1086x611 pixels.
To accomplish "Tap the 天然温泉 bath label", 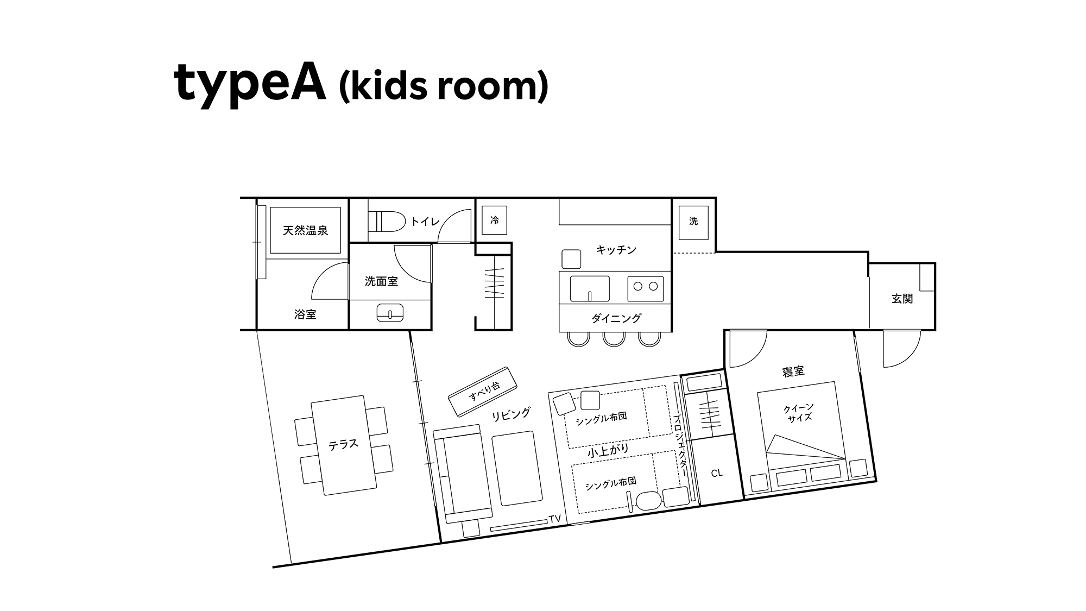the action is coord(305,231).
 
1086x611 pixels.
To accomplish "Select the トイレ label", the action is coord(425,221).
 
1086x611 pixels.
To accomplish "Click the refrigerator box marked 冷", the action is coord(495,221).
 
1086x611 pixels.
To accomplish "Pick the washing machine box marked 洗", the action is coord(693,222).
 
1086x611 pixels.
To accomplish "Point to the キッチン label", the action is coord(616,250).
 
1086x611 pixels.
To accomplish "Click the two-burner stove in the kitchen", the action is coord(646,288).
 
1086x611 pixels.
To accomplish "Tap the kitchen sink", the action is coord(590,288).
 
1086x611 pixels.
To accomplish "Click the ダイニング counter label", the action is coord(616,318).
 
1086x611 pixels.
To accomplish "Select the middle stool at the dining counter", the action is coord(614,338).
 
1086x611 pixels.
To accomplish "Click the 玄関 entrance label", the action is coord(902,299).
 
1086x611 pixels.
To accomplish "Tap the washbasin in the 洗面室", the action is coord(390,313).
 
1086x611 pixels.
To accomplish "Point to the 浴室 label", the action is coord(305,314).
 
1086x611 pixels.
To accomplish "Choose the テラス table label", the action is coord(343,444).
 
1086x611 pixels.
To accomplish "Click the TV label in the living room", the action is coord(554,519).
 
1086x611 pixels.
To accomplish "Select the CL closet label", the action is coord(717,473).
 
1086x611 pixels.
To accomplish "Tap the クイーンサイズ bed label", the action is coord(799,413).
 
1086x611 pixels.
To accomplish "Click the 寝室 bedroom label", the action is coord(793,371).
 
